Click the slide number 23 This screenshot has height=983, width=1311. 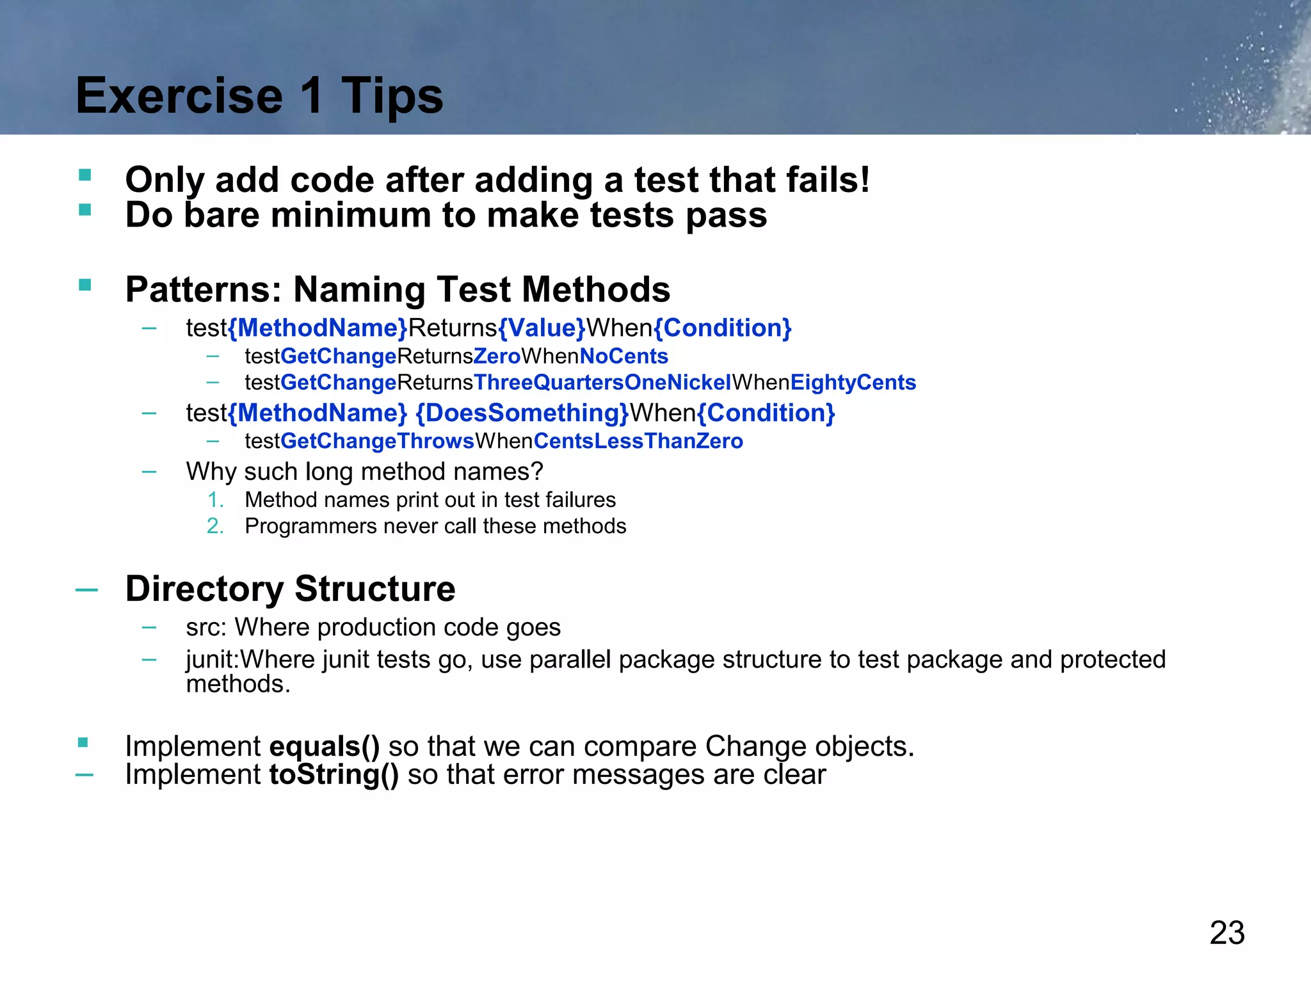coord(1227,932)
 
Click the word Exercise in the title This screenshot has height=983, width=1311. coord(179,96)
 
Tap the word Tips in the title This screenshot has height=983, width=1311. coord(392,96)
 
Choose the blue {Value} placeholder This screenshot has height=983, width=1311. coord(542,328)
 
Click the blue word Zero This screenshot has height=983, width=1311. coord(497,356)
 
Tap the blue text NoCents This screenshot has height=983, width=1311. coord(623,356)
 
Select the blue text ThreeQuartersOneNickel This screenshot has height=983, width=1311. coord(602,383)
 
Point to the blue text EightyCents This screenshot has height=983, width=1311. coord(853,383)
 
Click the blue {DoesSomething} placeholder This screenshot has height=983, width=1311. coord(522,413)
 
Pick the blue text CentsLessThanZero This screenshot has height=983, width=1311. coord(638,442)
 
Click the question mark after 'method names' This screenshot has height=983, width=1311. coord(536,472)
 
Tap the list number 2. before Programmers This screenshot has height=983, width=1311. coord(215,526)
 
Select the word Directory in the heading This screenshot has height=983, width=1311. coord(204,589)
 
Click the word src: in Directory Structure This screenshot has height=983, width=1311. coord(206,628)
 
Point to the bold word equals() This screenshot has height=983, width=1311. coord(325,747)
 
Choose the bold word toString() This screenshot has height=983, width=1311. coord(334,775)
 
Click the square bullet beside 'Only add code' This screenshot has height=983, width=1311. coord(84,175)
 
